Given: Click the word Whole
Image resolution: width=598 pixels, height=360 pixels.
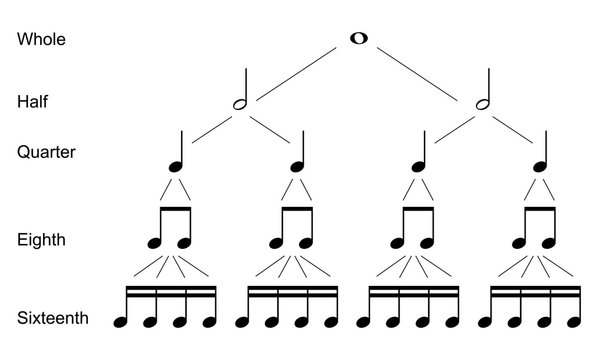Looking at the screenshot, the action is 41,40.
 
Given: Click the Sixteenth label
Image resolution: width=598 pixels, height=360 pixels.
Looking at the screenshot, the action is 53,318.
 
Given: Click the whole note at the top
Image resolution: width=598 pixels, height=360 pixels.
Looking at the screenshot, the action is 358,38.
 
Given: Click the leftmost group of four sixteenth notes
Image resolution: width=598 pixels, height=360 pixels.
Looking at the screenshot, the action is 167,307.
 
